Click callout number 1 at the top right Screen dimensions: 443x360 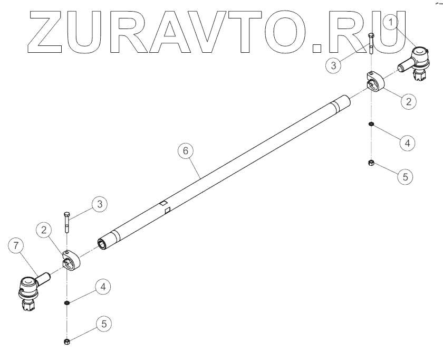tap(390, 23)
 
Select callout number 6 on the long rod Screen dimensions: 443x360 tap(185, 151)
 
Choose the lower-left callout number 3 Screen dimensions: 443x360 tap(99, 205)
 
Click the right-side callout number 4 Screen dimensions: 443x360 tap(406, 142)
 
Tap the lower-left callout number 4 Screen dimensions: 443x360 tap(103, 287)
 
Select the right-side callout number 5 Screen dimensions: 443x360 tap(405, 177)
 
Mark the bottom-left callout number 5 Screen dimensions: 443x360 tap(103, 323)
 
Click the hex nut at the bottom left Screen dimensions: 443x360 tap(67, 343)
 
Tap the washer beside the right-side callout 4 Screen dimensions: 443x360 tap(371, 124)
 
